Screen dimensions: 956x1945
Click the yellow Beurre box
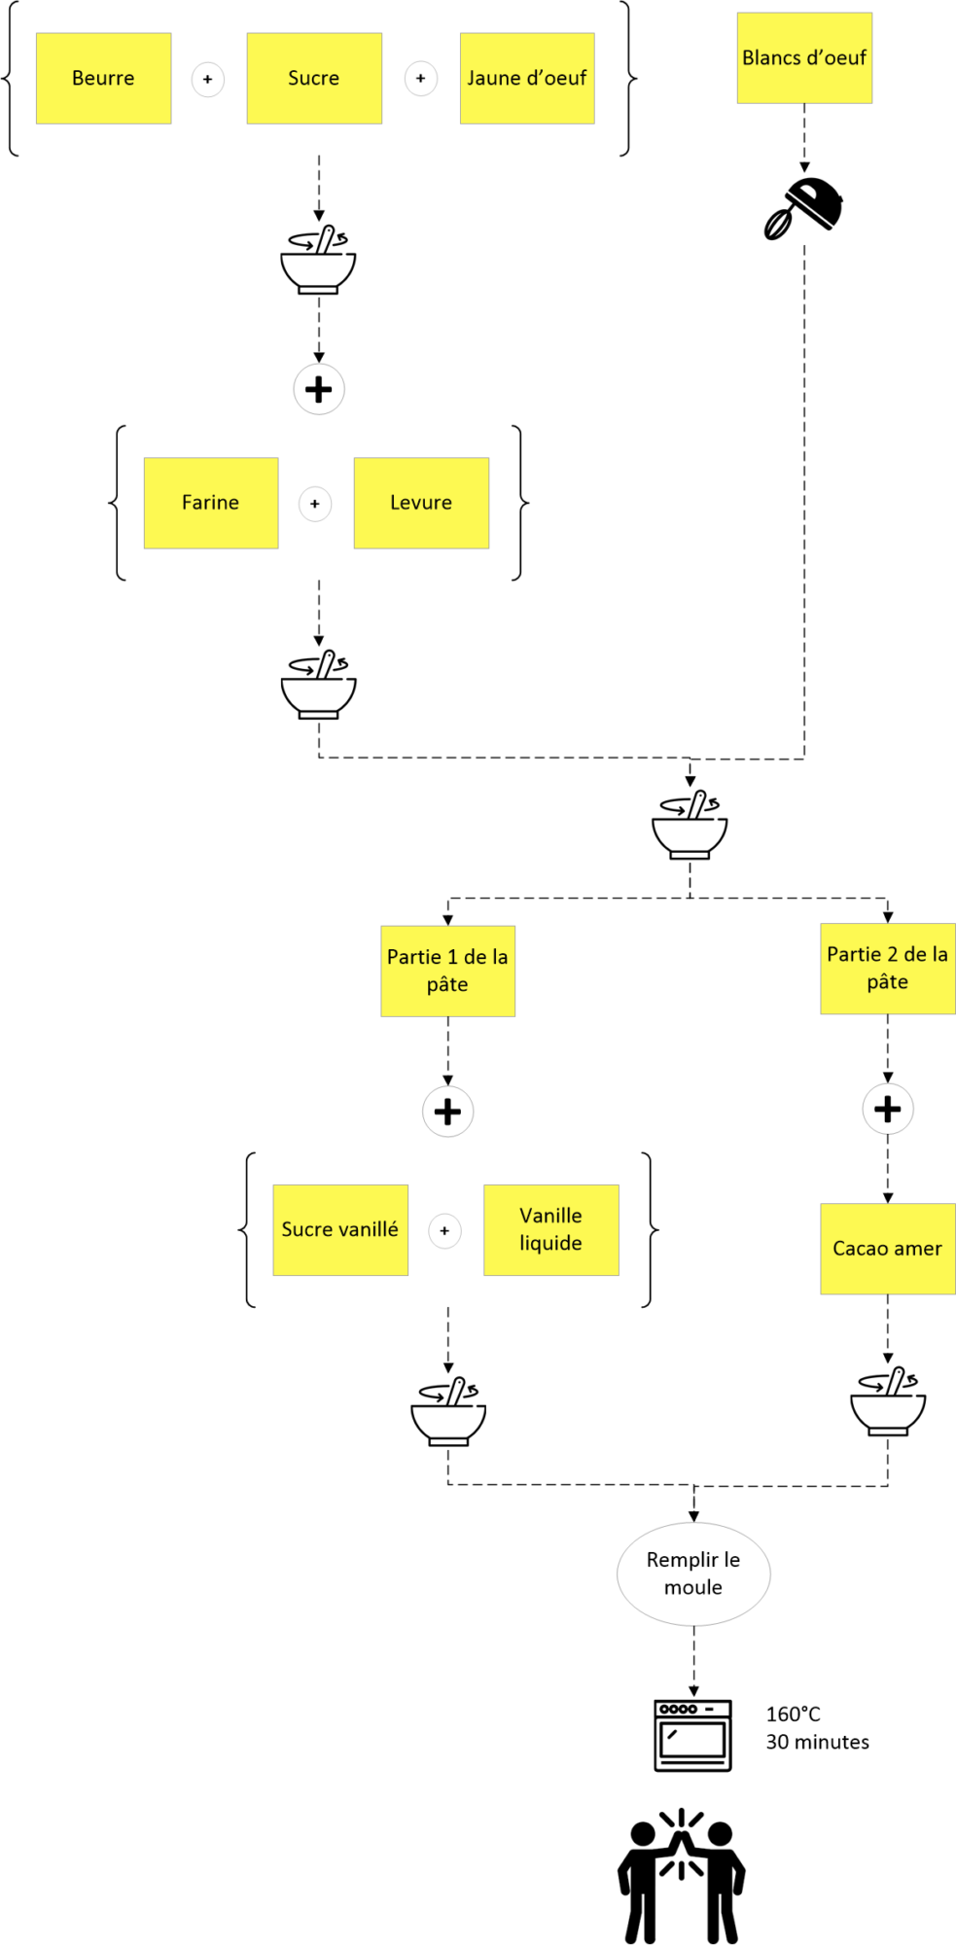[x=104, y=79]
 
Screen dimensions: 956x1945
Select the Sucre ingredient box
[x=314, y=79]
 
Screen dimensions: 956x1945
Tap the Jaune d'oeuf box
[x=527, y=79]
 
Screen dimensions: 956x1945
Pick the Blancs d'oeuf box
[x=804, y=58]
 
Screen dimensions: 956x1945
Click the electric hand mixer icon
[x=803, y=208]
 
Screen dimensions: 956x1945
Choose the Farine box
[x=211, y=503]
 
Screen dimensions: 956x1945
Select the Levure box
[x=421, y=503]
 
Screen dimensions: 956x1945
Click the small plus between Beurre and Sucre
[x=208, y=79]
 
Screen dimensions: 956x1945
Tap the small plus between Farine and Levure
[x=315, y=504]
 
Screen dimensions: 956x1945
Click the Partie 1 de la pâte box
[x=447, y=971]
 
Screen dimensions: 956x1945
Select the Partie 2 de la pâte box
[x=888, y=969]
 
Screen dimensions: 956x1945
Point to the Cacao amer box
[x=888, y=1249]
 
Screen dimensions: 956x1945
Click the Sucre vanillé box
[x=340, y=1230]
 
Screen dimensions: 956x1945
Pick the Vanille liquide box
[x=551, y=1230]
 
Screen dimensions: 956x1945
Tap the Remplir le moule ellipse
[x=693, y=1574]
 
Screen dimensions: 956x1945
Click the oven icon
[x=692, y=1736]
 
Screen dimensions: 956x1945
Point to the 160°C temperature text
[x=794, y=1715]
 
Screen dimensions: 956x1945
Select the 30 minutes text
[x=818, y=1742]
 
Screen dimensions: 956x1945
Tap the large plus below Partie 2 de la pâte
[x=888, y=1109]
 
